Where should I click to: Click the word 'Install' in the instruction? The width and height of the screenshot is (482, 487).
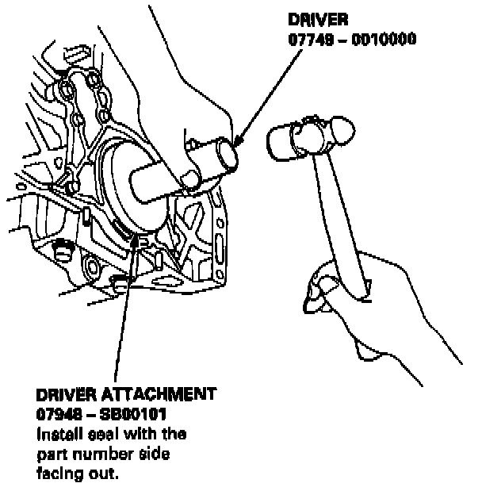60,433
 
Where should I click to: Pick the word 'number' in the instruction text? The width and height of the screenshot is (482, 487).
101,454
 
